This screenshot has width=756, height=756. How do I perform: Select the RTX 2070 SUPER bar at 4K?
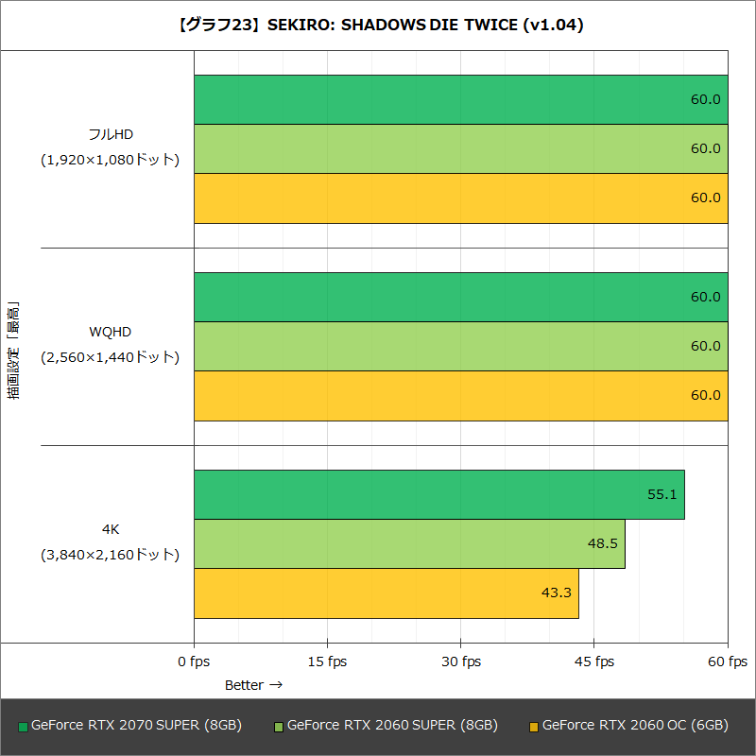pyautogui.click(x=438, y=494)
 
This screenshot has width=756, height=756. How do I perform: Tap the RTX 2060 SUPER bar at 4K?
pyautogui.click(x=409, y=543)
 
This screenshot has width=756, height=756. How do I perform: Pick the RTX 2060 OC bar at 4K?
pyautogui.click(x=386, y=593)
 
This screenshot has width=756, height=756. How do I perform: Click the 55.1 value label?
pyautogui.click(x=662, y=494)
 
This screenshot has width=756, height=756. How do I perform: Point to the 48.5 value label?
pyautogui.click(x=602, y=543)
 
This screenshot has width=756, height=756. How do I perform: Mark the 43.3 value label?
pyautogui.click(x=557, y=593)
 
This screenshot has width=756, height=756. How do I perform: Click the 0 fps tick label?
pyautogui.click(x=194, y=661)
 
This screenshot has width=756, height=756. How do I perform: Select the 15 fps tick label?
pyautogui.click(x=327, y=661)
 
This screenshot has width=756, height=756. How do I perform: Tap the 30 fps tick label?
pyautogui.click(x=460, y=661)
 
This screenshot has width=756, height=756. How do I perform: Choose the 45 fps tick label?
pyautogui.click(x=594, y=661)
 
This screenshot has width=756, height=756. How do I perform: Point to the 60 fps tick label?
pyautogui.click(x=728, y=661)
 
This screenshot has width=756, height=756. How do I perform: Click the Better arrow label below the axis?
pyautogui.click(x=253, y=684)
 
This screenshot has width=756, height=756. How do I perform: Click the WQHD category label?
pyautogui.click(x=111, y=332)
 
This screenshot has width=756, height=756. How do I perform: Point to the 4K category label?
pyautogui.click(x=111, y=529)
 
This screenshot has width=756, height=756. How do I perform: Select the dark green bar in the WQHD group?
pyautogui.click(x=460, y=297)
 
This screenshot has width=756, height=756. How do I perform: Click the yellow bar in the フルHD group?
pyautogui.click(x=460, y=198)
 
